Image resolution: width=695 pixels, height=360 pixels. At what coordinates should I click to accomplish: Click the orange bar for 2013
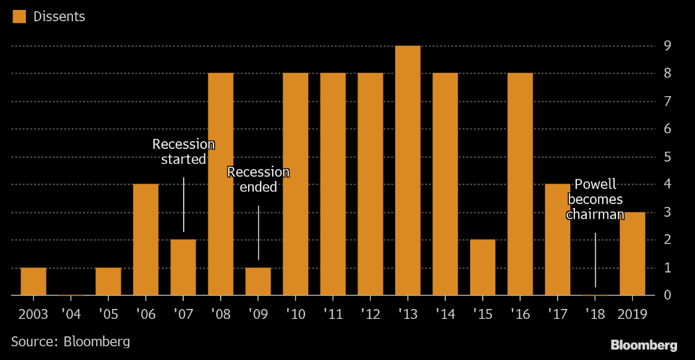coord(408,170)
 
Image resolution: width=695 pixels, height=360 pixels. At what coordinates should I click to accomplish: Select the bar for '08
coord(221,184)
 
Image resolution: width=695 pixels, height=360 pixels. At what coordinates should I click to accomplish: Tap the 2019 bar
coord(632,253)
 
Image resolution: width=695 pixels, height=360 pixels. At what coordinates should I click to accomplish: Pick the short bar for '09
coord(258,281)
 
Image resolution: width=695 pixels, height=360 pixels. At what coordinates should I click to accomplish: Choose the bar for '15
coord(483,267)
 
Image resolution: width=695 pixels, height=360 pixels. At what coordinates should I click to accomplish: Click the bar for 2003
coord(33,281)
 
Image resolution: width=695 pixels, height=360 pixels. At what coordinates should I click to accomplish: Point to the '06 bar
coord(146,239)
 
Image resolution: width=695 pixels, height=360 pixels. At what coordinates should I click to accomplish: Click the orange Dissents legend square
coord(19,17)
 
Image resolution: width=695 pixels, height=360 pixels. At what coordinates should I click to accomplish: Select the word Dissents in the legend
coord(59,17)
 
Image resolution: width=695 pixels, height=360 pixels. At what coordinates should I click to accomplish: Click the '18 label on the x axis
coord(595,313)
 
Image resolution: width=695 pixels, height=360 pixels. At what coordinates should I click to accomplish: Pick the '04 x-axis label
coord(71,313)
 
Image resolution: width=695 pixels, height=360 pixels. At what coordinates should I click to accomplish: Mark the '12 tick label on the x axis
coord(371,313)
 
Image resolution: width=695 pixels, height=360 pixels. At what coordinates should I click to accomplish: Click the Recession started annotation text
coord(184,152)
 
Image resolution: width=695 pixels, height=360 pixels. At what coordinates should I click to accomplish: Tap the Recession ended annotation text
coord(258,179)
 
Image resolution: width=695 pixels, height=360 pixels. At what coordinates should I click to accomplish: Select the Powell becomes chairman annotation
coord(596,199)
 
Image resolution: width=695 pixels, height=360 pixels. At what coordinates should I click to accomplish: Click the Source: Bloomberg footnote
coord(70,341)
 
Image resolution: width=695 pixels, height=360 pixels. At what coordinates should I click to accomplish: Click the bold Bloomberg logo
coord(643,345)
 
